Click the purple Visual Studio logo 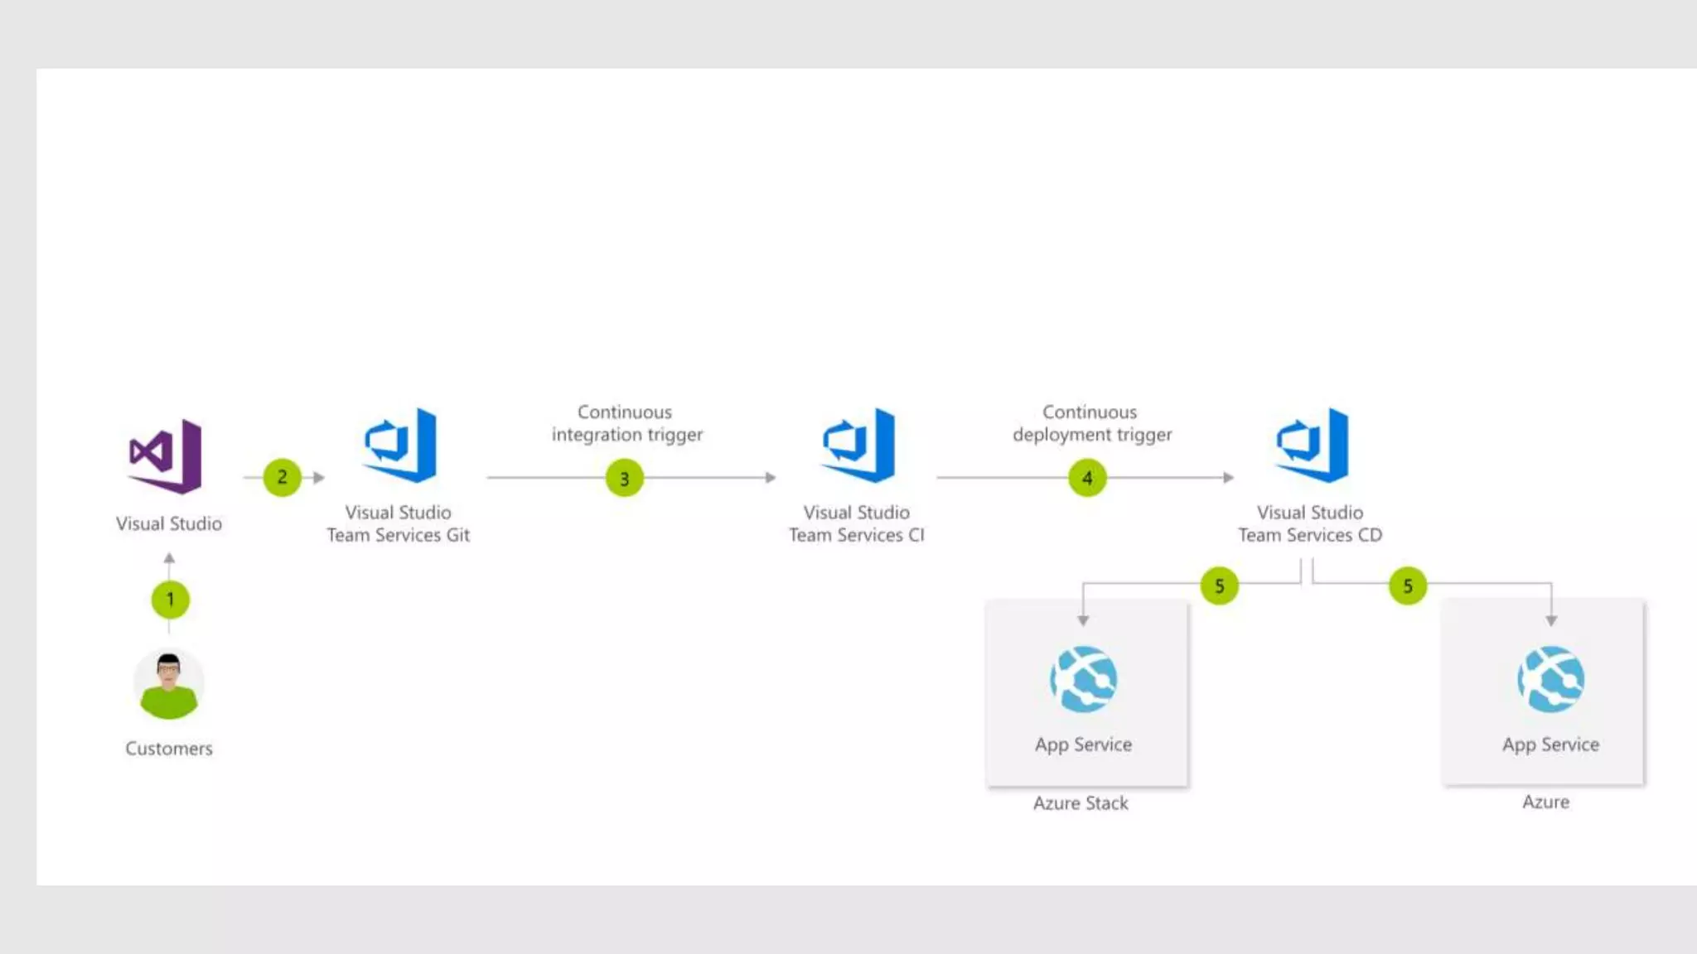point(166,455)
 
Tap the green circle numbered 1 point(170,600)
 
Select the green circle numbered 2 point(282,478)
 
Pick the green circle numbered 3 point(624,479)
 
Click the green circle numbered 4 point(1087,479)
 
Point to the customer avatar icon point(168,683)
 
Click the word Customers point(169,749)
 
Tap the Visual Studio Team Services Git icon point(401,445)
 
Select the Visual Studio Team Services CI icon point(859,445)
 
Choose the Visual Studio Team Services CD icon point(1313,445)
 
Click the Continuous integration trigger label point(626,423)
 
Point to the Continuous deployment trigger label point(1091,423)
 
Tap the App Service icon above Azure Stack point(1083,679)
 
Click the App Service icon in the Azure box point(1550,679)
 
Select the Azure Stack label point(1081,803)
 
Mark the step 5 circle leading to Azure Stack point(1219,586)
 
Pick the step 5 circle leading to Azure point(1407,586)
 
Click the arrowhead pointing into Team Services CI point(771,478)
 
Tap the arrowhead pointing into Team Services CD point(1229,478)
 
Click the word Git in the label point(458,536)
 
